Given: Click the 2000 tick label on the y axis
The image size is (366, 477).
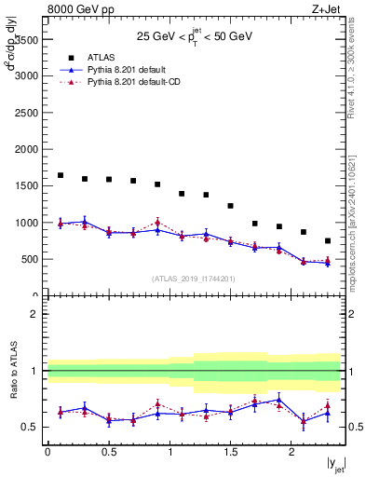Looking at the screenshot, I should click(x=28, y=150).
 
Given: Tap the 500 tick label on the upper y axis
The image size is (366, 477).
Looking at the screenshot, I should click(x=31, y=260).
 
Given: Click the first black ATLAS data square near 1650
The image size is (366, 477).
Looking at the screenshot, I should click(x=61, y=175).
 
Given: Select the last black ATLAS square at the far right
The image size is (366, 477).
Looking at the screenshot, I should click(x=328, y=240).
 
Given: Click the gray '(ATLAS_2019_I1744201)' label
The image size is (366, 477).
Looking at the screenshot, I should click(x=193, y=279).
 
